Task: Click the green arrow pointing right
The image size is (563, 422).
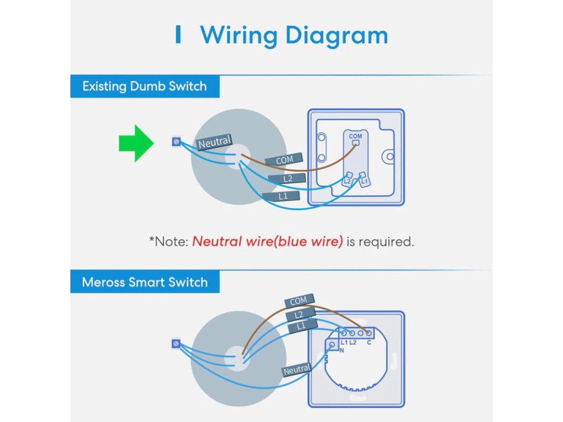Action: pyautogui.click(x=136, y=143)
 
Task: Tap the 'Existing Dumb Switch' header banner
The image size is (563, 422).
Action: pyautogui.click(x=145, y=86)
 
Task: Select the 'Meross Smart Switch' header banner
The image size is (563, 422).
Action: pyautogui.click(x=145, y=282)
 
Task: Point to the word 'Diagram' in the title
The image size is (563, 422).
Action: pyautogui.click(x=336, y=36)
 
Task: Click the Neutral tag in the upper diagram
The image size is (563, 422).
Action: pyautogui.click(x=214, y=143)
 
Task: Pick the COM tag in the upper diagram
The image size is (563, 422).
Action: pyautogui.click(x=284, y=160)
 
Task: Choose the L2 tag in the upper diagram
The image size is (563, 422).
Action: pyautogui.click(x=286, y=179)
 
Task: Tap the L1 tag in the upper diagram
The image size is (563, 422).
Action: pyautogui.click(x=281, y=196)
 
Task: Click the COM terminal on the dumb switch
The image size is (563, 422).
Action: pyautogui.click(x=356, y=142)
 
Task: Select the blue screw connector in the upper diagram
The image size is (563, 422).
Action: pyautogui.click(x=176, y=142)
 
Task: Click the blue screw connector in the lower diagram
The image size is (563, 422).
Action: pyautogui.click(x=176, y=344)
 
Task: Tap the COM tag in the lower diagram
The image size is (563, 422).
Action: pyautogui.click(x=299, y=301)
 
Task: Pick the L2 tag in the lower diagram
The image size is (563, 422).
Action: pyautogui.click(x=300, y=314)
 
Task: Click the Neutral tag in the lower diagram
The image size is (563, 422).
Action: pyautogui.click(x=297, y=370)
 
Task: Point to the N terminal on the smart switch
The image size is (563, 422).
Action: pyautogui.click(x=333, y=345)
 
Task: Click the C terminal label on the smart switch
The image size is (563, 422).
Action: pyautogui.click(x=369, y=343)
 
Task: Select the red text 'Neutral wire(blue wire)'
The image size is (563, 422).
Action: pyautogui.click(x=267, y=241)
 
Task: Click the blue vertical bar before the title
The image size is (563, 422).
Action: pyautogui.click(x=178, y=35)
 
